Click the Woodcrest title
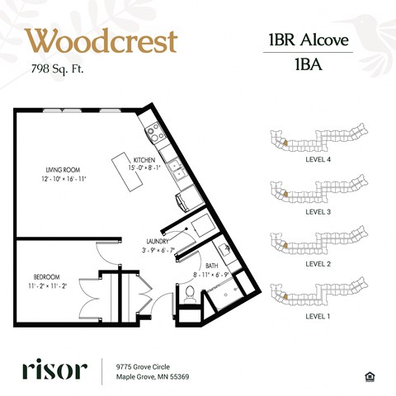pos(101,41)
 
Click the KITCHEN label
pos(145,160)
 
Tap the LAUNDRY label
pos(158,242)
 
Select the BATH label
pos(211,266)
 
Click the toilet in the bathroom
pos(189,292)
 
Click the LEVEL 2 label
pos(318,264)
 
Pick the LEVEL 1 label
pos(318,316)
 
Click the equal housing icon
pos(368,376)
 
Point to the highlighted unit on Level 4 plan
pos(283,142)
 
